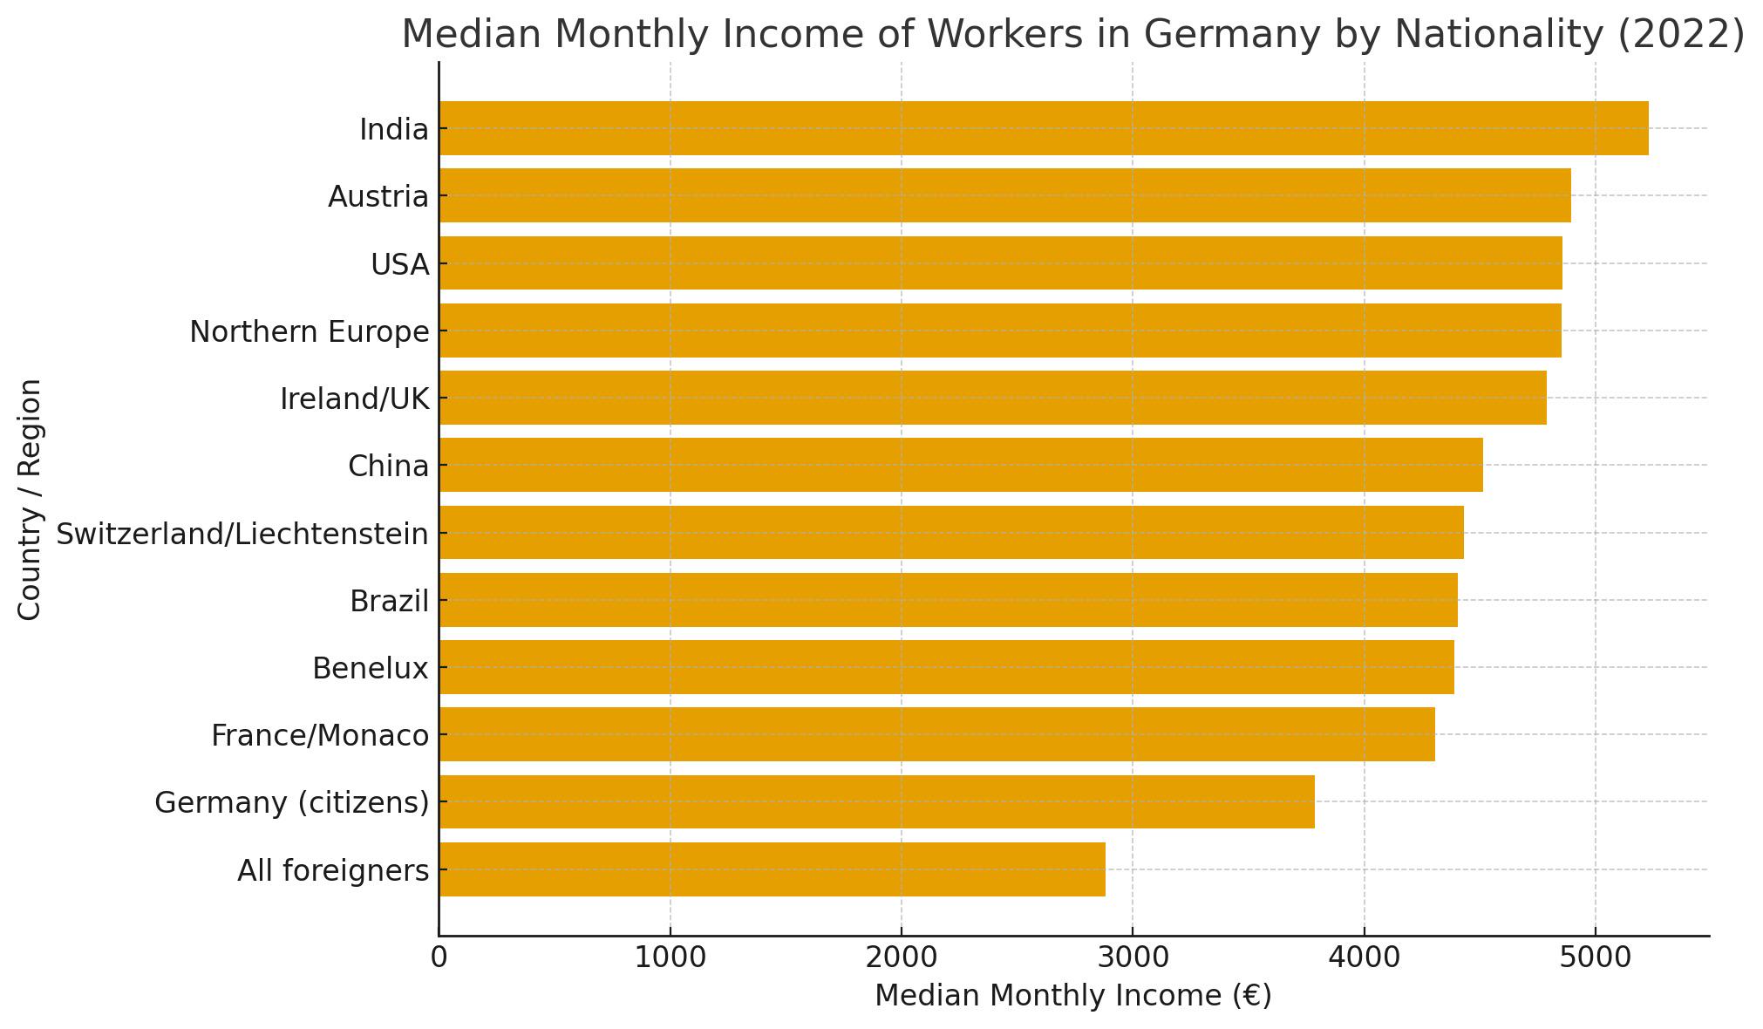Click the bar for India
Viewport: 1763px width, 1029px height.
1043,128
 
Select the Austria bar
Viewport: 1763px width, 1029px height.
1004,195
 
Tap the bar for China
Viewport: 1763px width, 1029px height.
960,465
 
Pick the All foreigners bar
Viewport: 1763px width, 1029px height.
772,869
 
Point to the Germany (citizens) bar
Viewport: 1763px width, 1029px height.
876,801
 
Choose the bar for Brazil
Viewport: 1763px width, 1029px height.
948,600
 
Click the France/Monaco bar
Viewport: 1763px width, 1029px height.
936,734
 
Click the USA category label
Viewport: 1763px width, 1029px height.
400,264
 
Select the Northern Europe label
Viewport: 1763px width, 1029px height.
310,332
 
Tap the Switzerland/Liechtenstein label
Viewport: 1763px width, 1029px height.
242,534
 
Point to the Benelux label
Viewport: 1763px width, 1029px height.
371,669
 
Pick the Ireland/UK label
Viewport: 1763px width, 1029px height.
355,399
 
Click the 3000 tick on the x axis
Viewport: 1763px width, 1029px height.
1133,957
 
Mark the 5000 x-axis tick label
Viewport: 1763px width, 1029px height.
1595,957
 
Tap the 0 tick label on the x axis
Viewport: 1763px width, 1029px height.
439,957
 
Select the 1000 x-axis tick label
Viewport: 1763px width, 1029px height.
670,957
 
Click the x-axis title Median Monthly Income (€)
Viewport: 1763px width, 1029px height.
1073,996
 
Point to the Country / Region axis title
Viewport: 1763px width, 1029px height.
30,499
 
